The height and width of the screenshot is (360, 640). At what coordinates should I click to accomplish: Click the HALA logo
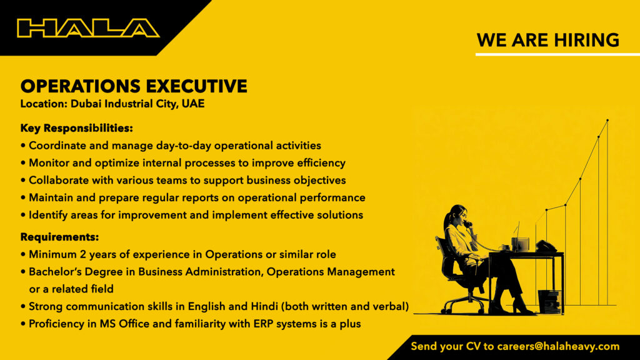(88, 28)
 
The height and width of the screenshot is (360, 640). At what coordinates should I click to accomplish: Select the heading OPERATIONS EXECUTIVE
(134, 86)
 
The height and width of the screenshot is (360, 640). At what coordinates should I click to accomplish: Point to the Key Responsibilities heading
(77, 128)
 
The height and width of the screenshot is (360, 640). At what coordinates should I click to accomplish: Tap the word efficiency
(321, 163)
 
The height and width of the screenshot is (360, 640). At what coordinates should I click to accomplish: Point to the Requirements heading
(59, 237)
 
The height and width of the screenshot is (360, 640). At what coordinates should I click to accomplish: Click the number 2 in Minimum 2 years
(83, 254)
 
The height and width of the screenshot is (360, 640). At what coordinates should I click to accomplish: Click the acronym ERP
(263, 324)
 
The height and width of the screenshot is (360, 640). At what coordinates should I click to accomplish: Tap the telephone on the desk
(546, 246)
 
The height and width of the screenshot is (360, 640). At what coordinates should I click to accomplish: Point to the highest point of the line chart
(607, 121)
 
